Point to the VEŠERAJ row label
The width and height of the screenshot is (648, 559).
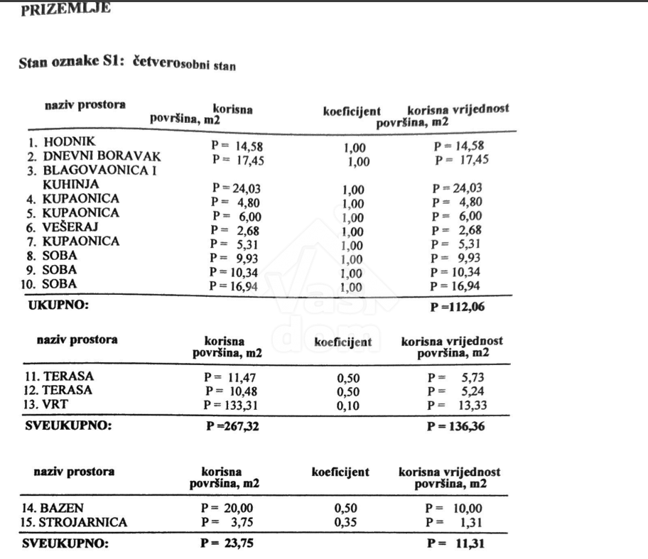pos(70,227)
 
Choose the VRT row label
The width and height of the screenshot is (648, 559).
pos(54,404)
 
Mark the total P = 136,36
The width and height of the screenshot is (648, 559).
pos(456,427)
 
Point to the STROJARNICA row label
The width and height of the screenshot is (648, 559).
pos(75,522)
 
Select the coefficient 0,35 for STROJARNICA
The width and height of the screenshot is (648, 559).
pos(345,523)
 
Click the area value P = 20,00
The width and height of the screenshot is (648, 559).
pos(227,508)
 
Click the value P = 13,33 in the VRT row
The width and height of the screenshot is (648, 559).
pos(458,406)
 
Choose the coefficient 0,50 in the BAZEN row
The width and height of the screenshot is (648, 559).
pos(345,509)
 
